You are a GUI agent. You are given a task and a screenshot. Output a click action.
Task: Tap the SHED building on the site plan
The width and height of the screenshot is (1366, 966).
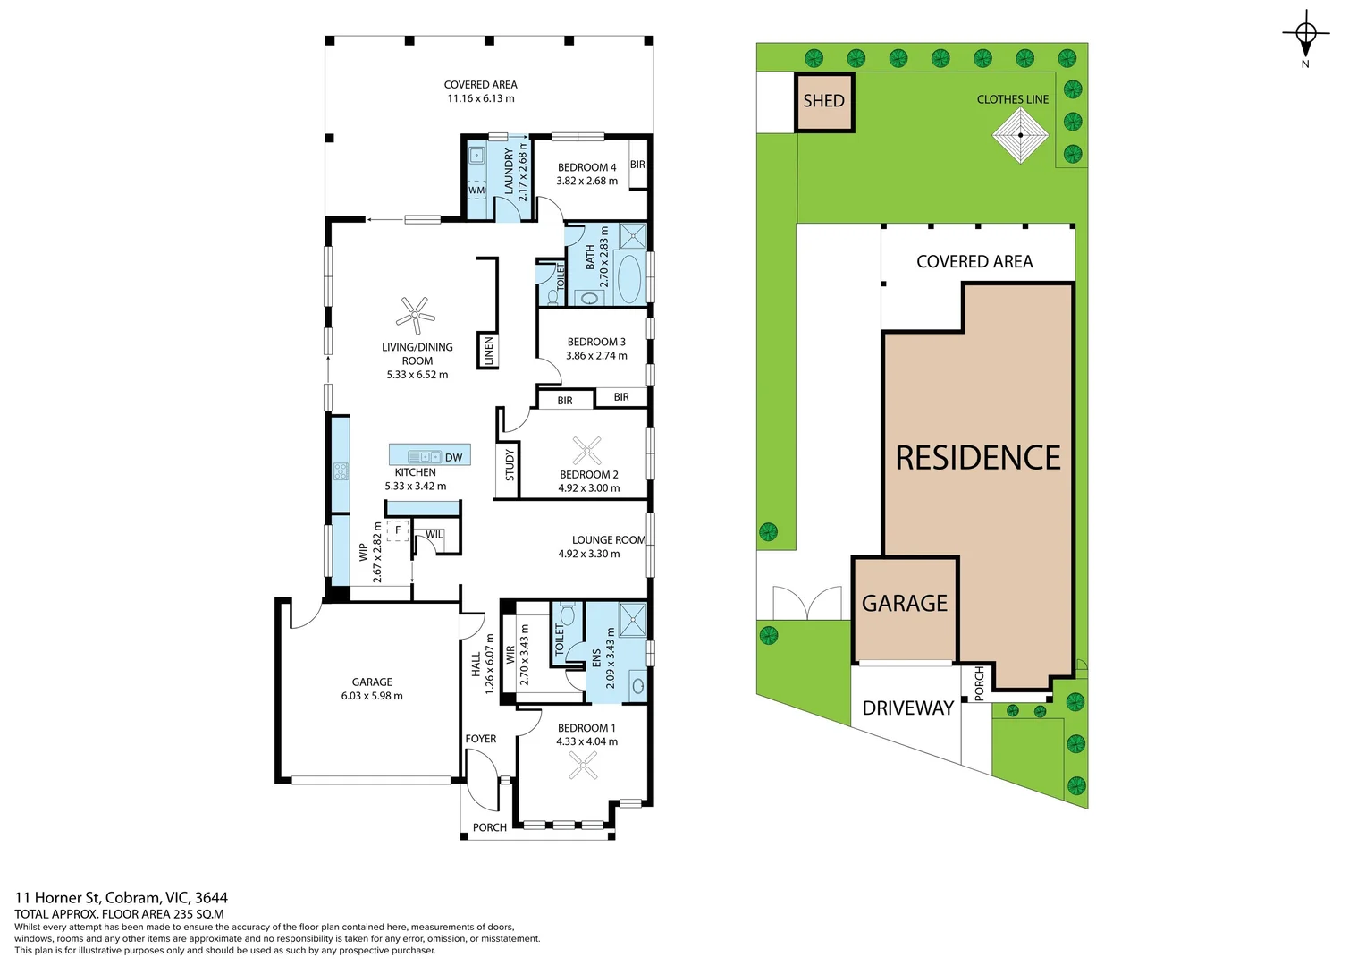(x=824, y=102)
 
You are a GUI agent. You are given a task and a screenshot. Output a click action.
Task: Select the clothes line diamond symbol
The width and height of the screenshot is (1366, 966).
(x=1020, y=135)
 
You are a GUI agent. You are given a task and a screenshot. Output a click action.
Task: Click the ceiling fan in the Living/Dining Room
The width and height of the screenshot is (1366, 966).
(x=416, y=315)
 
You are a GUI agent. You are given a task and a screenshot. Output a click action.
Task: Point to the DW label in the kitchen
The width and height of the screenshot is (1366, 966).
(x=454, y=458)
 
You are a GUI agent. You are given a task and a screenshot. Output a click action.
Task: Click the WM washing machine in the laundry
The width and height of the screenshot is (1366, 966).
(x=476, y=191)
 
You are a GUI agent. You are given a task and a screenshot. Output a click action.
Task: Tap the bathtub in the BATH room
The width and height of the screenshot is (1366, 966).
(x=630, y=278)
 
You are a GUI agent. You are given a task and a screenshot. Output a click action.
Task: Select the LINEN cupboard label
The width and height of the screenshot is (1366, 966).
(x=488, y=351)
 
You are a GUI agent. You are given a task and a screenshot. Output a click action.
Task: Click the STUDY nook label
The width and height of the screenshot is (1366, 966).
(x=510, y=465)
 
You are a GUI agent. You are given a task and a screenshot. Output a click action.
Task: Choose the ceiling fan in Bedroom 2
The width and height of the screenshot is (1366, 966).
(x=586, y=452)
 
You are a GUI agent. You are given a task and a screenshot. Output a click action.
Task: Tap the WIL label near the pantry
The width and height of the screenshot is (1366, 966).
(x=434, y=535)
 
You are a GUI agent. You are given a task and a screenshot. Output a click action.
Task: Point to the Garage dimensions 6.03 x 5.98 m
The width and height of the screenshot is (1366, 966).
(x=372, y=696)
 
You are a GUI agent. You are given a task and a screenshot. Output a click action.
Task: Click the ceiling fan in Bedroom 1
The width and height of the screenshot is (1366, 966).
(x=583, y=766)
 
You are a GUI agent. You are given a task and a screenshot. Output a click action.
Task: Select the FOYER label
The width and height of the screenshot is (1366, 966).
(x=481, y=739)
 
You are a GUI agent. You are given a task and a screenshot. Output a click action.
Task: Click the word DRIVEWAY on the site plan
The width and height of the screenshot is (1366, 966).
(x=908, y=708)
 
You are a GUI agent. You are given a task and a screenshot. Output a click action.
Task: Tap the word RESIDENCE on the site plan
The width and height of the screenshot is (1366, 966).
(x=978, y=458)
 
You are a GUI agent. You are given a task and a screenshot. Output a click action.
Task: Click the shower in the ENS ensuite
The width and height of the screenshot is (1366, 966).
(x=632, y=620)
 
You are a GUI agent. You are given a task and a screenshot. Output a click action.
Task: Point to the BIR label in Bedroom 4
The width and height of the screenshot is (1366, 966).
(x=637, y=165)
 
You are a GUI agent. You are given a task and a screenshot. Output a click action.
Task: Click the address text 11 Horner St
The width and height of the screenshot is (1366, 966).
(x=57, y=898)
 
